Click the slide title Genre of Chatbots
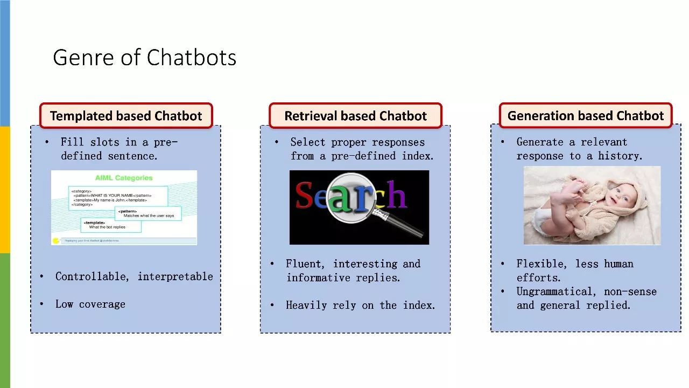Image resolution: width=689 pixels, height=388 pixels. [x=144, y=58]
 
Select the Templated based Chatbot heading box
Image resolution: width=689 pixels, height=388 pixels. [x=126, y=116]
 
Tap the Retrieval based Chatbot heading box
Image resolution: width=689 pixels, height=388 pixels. [x=355, y=116]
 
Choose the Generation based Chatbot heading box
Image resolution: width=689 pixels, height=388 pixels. [x=586, y=116]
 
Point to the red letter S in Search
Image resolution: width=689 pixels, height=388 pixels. [x=304, y=196]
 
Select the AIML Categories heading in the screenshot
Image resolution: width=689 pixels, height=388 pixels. [x=124, y=178]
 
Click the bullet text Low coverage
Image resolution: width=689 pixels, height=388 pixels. [x=90, y=304]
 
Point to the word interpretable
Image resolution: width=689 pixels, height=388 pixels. [x=175, y=276]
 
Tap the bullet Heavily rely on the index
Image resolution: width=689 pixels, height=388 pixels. [x=360, y=305]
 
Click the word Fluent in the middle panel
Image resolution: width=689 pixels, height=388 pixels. [x=305, y=264]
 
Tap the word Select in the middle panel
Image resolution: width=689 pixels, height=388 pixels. [x=307, y=142]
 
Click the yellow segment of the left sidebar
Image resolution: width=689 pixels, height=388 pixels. [x=5, y=190]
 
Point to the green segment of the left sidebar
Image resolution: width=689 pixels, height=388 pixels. [x=5, y=320]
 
